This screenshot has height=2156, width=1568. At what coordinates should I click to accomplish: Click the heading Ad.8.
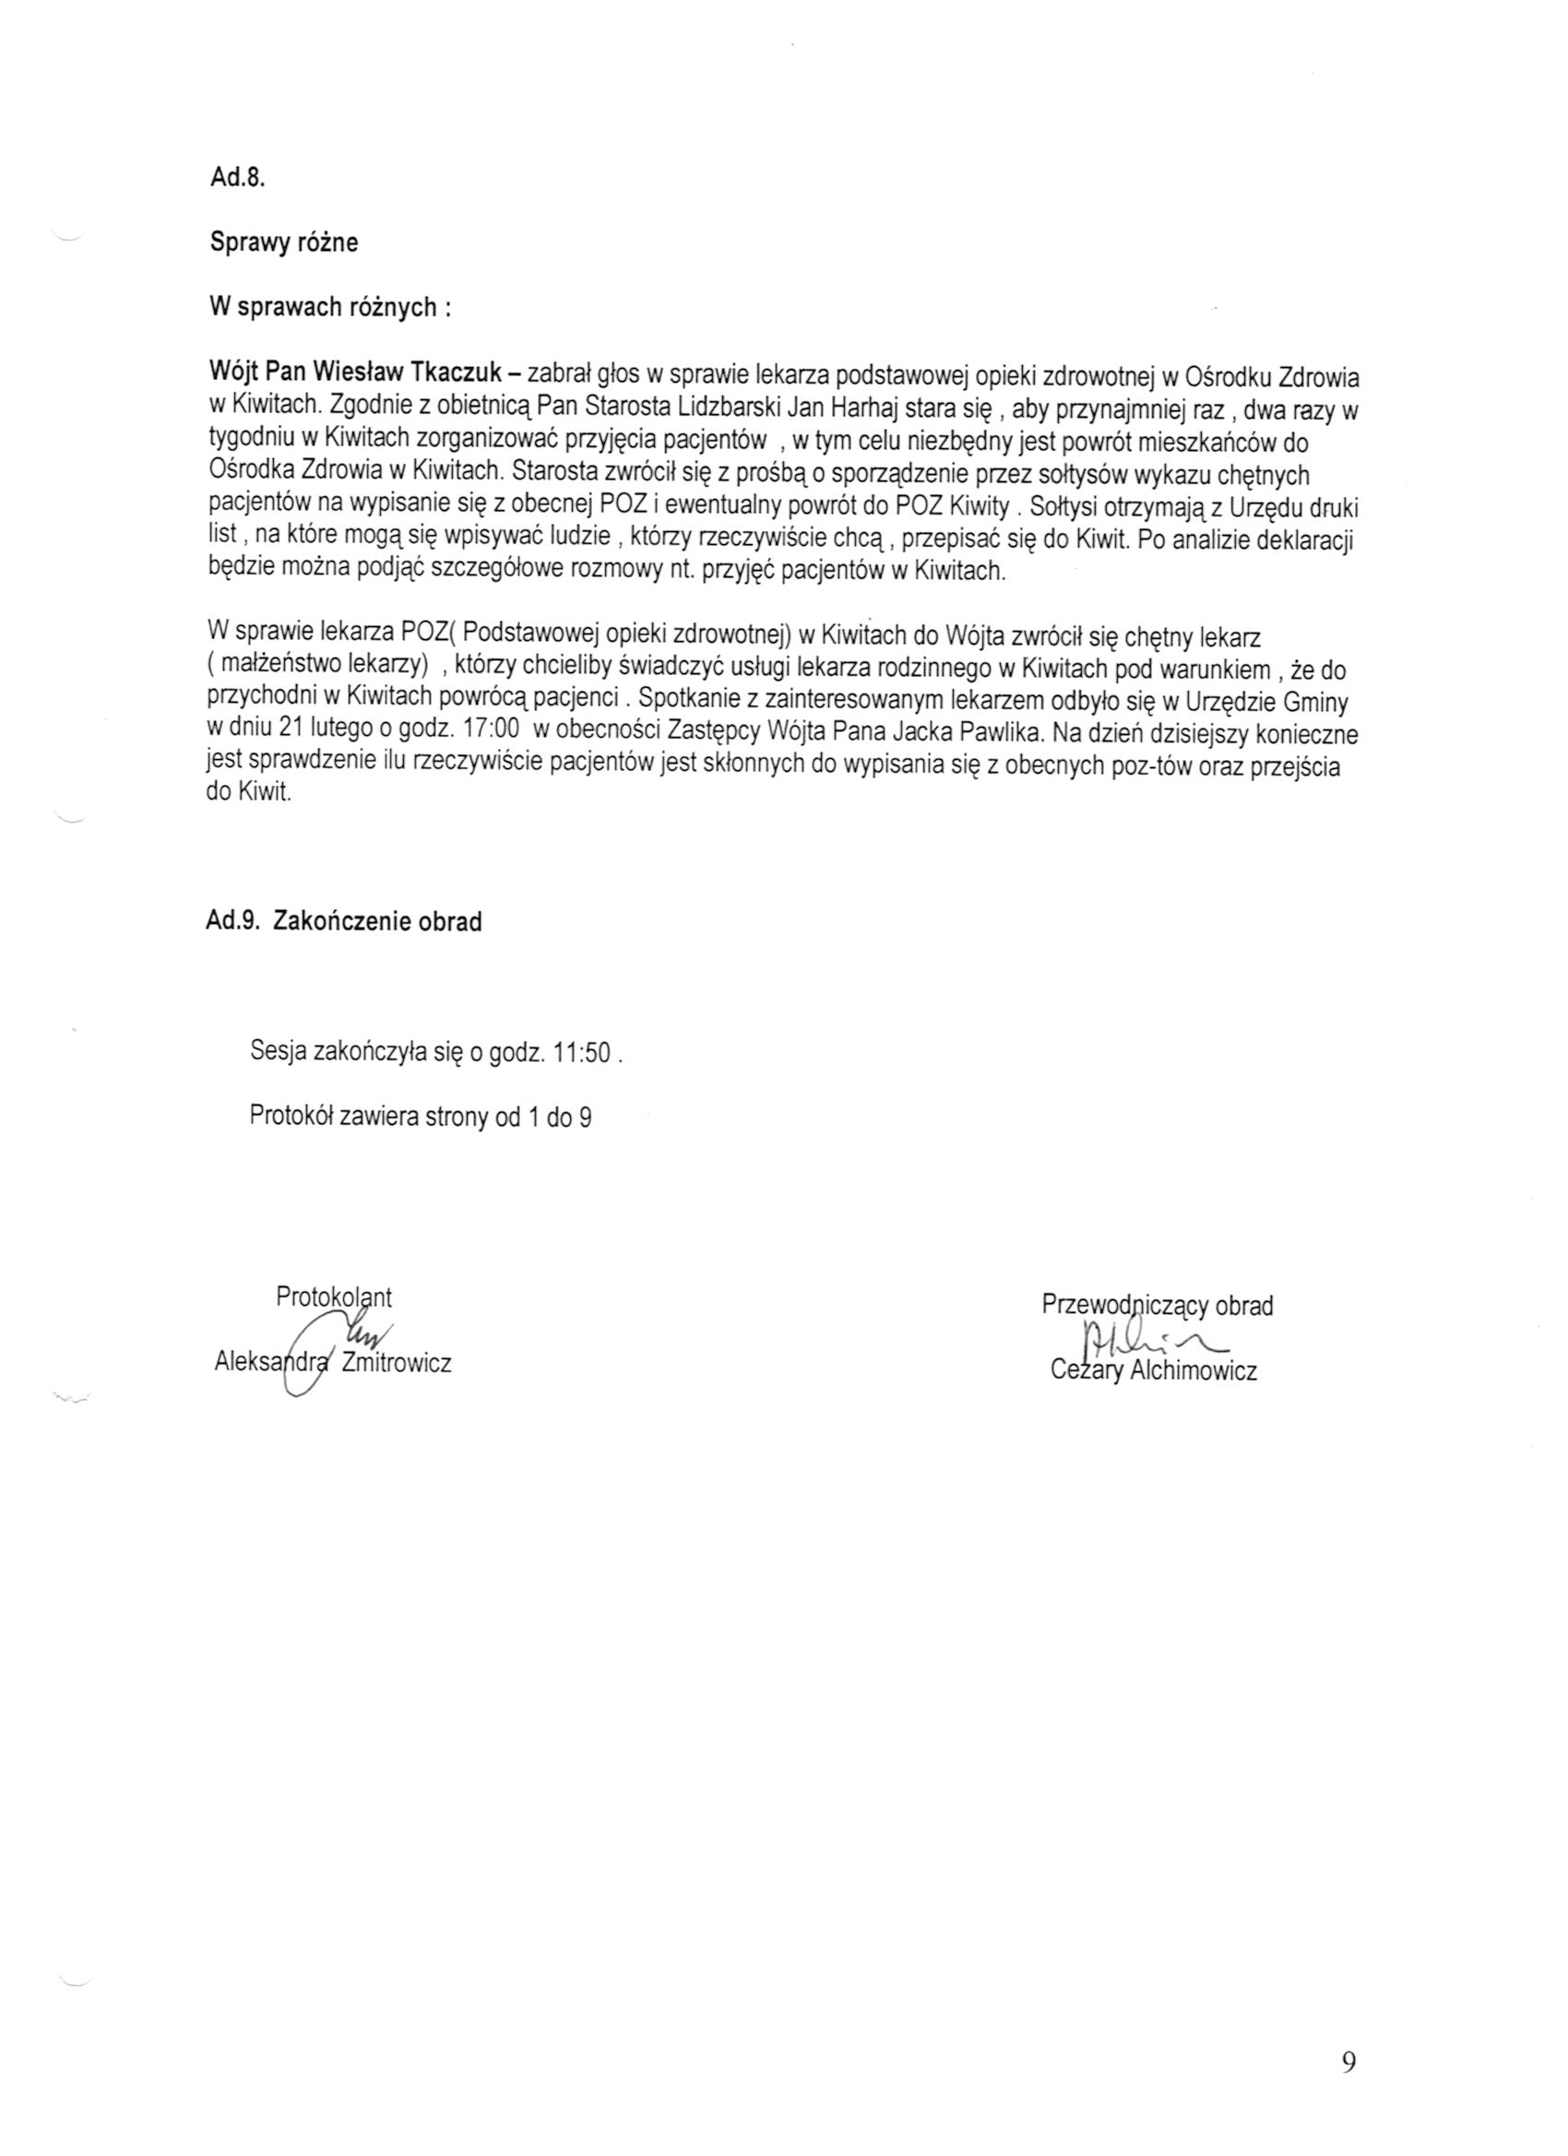coord(236,179)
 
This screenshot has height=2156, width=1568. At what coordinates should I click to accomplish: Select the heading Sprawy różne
coord(283,243)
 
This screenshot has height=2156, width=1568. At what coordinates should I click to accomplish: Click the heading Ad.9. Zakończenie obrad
coord(343,921)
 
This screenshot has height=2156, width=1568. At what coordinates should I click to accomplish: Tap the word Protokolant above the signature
coord(334,1297)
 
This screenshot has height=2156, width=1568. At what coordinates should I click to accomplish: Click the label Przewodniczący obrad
coord(1158,1305)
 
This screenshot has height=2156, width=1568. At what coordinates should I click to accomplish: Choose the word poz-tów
coord(1151,768)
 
